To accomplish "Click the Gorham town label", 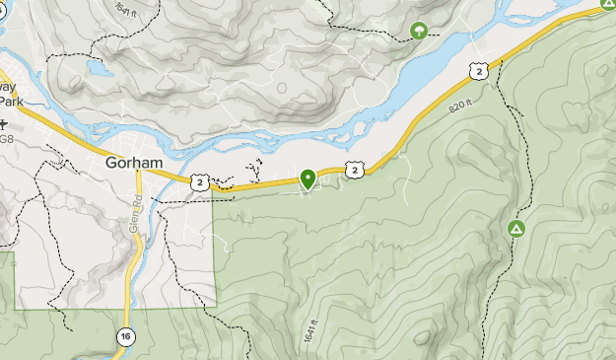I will tap(133, 164).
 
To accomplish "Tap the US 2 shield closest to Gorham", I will tap(200, 182).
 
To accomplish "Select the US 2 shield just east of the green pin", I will tap(355, 171).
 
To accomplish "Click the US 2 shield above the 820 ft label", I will tap(478, 70).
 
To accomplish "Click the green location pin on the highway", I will tap(308, 178).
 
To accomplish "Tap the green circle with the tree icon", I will tap(419, 31).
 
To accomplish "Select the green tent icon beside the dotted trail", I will tap(515, 229).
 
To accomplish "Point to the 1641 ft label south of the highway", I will tap(312, 331).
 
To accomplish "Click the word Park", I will tap(10, 101).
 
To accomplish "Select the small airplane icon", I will tap(4, 124).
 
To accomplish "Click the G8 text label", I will tap(6, 139).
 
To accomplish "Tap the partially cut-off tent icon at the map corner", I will tap(609, 4).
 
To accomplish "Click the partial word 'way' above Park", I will tap(10, 87).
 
